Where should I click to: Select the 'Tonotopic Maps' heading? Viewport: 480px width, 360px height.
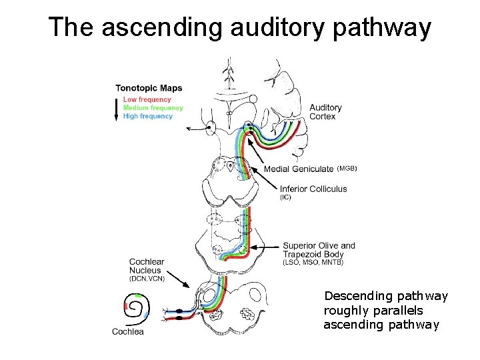click(x=149, y=88)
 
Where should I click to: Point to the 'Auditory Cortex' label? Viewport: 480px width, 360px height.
click(x=325, y=112)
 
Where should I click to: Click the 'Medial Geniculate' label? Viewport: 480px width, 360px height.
click(x=299, y=169)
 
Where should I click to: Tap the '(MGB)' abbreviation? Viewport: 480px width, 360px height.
click(x=347, y=169)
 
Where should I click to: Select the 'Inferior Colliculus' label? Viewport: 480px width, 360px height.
click(x=313, y=189)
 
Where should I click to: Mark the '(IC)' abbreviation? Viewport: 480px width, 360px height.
click(x=285, y=197)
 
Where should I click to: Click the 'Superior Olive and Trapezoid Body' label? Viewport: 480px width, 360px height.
click(x=319, y=250)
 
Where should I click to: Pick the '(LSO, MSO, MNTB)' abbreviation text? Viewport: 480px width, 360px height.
click(x=313, y=263)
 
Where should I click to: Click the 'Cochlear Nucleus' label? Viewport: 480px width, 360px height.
click(x=146, y=266)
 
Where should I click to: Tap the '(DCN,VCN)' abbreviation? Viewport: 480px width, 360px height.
click(x=147, y=279)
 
